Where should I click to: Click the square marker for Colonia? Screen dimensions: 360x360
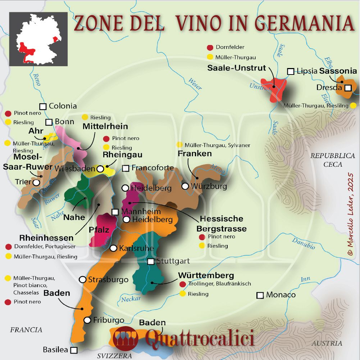click(43, 106)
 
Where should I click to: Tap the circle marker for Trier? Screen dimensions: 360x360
click(36, 183)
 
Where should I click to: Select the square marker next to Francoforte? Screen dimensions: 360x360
click(126, 168)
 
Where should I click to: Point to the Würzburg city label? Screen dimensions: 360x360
click(209, 186)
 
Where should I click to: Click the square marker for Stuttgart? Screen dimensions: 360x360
click(151, 261)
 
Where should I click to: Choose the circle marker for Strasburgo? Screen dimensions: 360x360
click(82, 279)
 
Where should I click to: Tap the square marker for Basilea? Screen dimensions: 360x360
click(74, 350)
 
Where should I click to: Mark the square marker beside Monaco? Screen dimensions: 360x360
click(260, 295)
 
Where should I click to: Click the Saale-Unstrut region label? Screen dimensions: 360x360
click(237, 68)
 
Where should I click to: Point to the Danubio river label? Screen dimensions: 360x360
click(304, 243)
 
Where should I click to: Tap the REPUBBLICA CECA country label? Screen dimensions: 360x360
click(333, 160)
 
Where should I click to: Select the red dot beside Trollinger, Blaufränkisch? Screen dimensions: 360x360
click(182, 284)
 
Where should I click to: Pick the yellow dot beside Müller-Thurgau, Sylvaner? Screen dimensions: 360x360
click(179, 145)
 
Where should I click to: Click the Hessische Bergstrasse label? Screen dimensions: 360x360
click(221, 224)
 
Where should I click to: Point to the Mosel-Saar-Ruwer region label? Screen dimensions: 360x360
click(23, 162)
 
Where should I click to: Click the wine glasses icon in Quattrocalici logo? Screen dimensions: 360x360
click(126, 339)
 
